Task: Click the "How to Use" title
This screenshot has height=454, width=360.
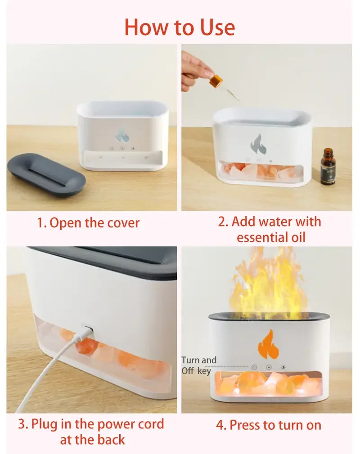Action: click(x=180, y=27)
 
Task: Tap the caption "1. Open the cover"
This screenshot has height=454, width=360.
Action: click(x=88, y=223)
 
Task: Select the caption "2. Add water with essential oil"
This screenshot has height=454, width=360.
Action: click(x=270, y=229)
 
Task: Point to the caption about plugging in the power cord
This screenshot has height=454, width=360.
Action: click(x=91, y=432)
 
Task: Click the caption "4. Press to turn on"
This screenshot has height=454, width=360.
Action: click(x=269, y=425)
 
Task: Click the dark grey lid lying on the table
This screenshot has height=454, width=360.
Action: click(x=46, y=174)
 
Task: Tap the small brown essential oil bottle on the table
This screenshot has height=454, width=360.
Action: click(x=328, y=167)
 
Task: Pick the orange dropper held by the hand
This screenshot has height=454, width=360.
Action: click(x=216, y=82)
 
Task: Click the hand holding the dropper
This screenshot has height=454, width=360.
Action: click(x=197, y=67)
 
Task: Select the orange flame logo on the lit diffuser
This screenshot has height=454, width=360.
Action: click(x=265, y=344)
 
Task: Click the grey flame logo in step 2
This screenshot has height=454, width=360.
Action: click(x=258, y=144)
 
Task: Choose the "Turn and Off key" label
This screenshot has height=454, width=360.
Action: click(x=198, y=365)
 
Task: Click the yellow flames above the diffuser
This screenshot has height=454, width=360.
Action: click(x=269, y=283)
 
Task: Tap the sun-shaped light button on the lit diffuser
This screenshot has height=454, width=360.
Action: click(x=283, y=367)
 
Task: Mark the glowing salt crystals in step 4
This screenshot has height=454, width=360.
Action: click(x=269, y=385)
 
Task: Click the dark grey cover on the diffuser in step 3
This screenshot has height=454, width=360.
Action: click(x=103, y=261)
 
